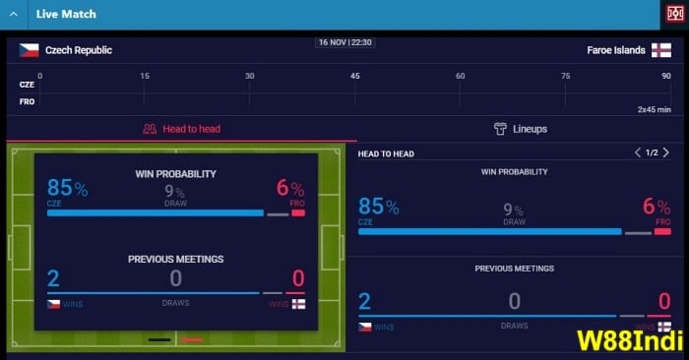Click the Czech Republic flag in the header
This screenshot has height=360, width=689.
click(x=29, y=50)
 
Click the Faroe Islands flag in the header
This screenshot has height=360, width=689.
click(x=662, y=50)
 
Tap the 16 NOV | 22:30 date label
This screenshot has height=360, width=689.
click(x=344, y=42)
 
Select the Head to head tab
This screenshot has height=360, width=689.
click(x=182, y=129)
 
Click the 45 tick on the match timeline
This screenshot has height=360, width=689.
click(x=355, y=77)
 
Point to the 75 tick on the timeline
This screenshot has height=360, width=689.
click(x=565, y=77)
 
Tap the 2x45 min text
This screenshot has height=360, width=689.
click(x=654, y=109)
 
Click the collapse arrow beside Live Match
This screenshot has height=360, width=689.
click(x=13, y=14)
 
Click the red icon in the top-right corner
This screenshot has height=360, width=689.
click(x=674, y=14)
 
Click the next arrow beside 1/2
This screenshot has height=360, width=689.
click(x=666, y=152)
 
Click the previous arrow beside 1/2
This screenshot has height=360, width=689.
click(x=638, y=152)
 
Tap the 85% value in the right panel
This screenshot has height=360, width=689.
click(x=378, y=207)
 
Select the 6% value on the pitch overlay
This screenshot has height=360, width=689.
click(x=290, y=188)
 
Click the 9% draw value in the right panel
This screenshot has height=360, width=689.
click(x=514, y=209)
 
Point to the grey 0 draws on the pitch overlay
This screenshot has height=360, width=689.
click(x=175, y=278)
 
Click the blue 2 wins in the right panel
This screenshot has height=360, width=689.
click(x=364, y=302)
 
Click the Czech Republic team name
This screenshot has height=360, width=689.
click(x=79, y=50)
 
